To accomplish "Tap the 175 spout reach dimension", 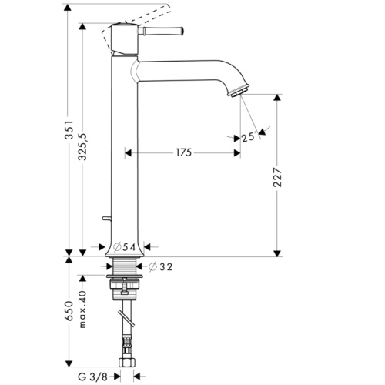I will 182,153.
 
